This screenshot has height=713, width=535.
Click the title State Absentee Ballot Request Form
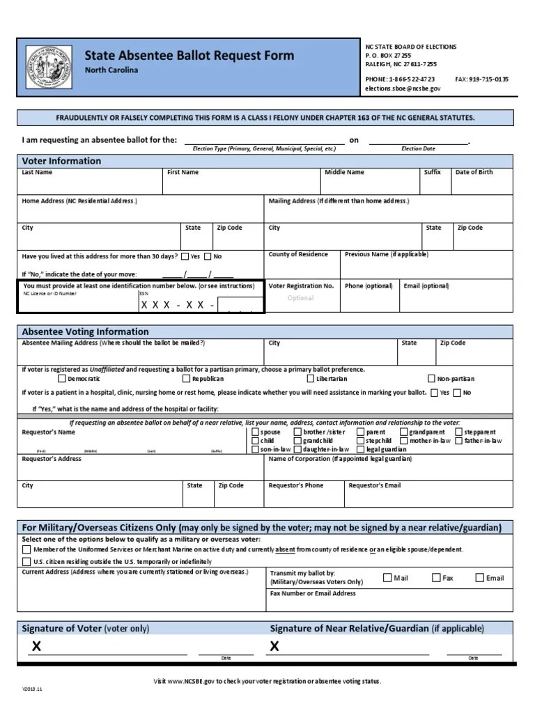(189, 56)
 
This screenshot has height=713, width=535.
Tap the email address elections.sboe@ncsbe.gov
(403, 89)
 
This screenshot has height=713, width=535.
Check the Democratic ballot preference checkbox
(62, 379)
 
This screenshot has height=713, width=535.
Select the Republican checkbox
(186, 379)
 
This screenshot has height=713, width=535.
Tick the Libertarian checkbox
(311, 379)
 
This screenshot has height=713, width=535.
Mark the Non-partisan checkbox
(432, 379)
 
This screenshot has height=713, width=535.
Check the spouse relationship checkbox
(255, 432)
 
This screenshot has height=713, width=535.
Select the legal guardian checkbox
(360, 450)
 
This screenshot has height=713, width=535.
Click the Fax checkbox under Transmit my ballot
(437, 577)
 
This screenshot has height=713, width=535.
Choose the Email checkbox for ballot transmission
(479, 577)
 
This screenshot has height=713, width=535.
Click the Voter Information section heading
(61, 161)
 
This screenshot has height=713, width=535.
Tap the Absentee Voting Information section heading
(85, 331)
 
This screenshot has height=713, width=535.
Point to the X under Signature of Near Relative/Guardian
(274, 646)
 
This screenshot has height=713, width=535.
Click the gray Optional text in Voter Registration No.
(301, 298)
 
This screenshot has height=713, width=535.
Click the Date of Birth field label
(474, 172)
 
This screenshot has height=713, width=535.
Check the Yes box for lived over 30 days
(185, 256)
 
